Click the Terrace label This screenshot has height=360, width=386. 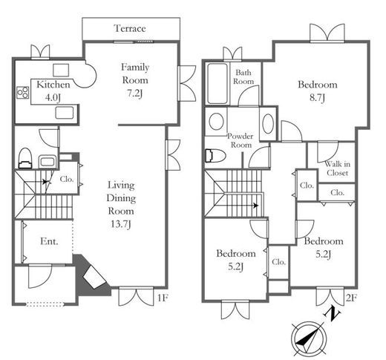pyautogui.click(x=130, y=28)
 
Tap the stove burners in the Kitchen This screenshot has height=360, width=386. pyautogui.click(x=23, y=93)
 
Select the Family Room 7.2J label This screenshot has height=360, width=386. pyautogui.click(x=135, y=80)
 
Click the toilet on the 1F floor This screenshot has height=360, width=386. pyautogui.click(x=25, y=158)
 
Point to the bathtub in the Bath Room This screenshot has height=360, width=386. pyautogui.click(x=217, y=84)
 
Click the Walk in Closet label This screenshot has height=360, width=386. pyautogui.click(x=337, y=168)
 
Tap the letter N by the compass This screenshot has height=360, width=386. pyautogui.click(x=332, y=313)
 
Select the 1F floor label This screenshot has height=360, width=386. pyautogui.click(x=163, y=298)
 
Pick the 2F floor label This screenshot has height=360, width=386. pyautogui.click(x=351, y=298)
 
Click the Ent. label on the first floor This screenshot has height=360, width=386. pyautogui.click(x=49, y=241)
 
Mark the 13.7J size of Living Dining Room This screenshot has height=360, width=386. pyautogui.click(x=120, y=224)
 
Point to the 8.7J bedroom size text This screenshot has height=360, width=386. pyautogui.click(x=317, y=98)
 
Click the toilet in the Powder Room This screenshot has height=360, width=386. pyautogui.click(x=215, y=156)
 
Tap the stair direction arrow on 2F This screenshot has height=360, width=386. pyautogui.click(x=256, y=206)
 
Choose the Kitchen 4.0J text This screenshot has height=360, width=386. pyautogui.click(x=53, y=91)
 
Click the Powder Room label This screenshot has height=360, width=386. pyautogui.click(x=241, y=140)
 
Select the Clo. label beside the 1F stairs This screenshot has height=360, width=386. pyautogui.click(x=67, y=179)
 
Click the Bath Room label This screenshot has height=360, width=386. pyautogui.click(x=243, y=76)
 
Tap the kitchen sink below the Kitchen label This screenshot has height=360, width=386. pyautogui.click(x=65, y=113)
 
